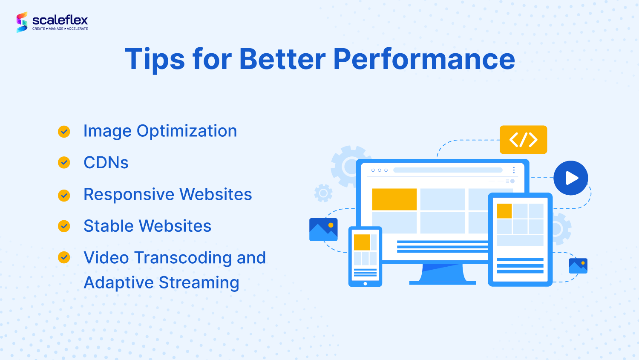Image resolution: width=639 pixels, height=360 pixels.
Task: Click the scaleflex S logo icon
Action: [x=22, y=22]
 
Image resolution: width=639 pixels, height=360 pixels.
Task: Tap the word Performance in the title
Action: [x=424, y=59]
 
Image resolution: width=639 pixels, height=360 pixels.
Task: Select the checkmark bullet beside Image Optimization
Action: [x=64, y=132]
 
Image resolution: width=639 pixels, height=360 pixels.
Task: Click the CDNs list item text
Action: [x=106, y=163]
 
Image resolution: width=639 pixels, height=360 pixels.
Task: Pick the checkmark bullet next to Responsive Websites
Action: [x=64, y=196]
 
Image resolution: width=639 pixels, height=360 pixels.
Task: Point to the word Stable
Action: [x=109, y=226]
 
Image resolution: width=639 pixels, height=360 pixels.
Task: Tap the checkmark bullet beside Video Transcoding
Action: [x=64, y=257]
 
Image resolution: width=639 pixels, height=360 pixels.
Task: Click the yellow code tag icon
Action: [x=523, y=140]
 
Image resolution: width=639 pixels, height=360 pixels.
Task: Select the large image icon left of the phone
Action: [x=323, y=230]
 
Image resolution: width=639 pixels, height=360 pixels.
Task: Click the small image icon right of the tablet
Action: [x=578, y=266]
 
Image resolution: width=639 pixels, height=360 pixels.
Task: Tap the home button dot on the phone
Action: [x=365, y=284]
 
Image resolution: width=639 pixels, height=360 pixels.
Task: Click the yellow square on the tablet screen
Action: [x=504, y=211]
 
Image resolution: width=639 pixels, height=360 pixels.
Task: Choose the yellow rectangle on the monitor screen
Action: [x=394, y=199]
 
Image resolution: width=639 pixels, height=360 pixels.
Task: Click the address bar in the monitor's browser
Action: [x=448, y=170]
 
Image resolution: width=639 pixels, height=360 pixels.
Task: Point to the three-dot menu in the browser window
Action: [x=514, y=170]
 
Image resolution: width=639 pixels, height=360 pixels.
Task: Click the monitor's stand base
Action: [x=443, y=283]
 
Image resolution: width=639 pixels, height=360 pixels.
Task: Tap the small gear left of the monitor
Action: [x=323, y=193]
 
